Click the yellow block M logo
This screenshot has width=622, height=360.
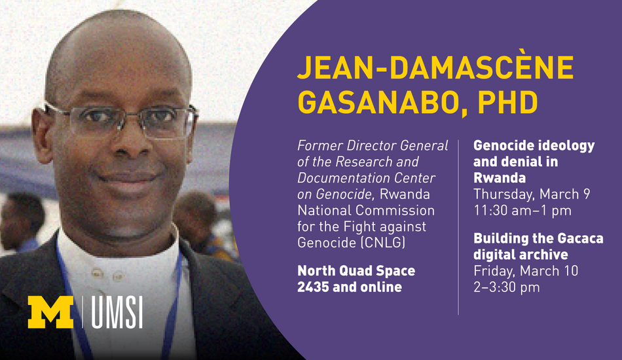(x=50, y=312)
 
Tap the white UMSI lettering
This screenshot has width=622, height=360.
(x=117, y=313)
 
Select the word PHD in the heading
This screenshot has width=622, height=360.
(x=508, y=102)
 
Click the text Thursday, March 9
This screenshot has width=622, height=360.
(x=532, y=194)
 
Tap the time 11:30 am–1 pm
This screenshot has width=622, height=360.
(x=522, y=211)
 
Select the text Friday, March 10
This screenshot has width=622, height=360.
(x=526, y=271)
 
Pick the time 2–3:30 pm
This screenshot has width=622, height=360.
(x=507, y=287)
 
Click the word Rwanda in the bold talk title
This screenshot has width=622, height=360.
(x=500, y=178)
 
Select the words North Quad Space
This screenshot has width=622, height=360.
(x=356, y=271)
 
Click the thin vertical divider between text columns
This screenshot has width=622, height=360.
(x=458, y=227)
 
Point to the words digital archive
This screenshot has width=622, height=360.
(x=521, y=255)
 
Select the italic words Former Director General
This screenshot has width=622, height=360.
(x=373, y=145)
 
